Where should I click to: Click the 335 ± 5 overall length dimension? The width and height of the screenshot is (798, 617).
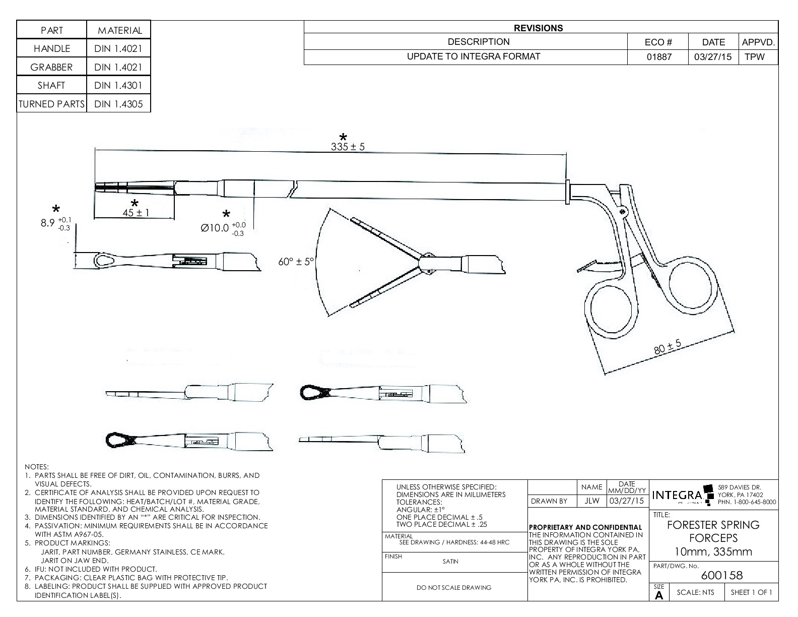pos(348,147)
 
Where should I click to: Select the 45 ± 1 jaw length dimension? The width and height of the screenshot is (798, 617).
pos(136,213)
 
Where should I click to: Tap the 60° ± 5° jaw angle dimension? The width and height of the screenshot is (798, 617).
pos(296,262)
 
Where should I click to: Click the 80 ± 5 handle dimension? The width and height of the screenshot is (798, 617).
pos(668,347)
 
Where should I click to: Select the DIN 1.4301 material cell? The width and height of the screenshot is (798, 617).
pos(118,85)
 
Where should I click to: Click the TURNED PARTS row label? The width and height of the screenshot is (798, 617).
pos(51,104)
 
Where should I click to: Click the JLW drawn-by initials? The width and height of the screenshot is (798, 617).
pos(591,501)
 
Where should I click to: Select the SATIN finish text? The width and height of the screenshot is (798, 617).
pos(450,562)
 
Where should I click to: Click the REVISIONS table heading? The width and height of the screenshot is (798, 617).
pos(538,28)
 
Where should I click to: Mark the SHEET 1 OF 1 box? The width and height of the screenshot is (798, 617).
pos(751,592)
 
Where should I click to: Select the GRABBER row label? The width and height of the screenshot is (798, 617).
pos(51,67)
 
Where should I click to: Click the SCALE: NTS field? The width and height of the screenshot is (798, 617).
pos(695,592)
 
